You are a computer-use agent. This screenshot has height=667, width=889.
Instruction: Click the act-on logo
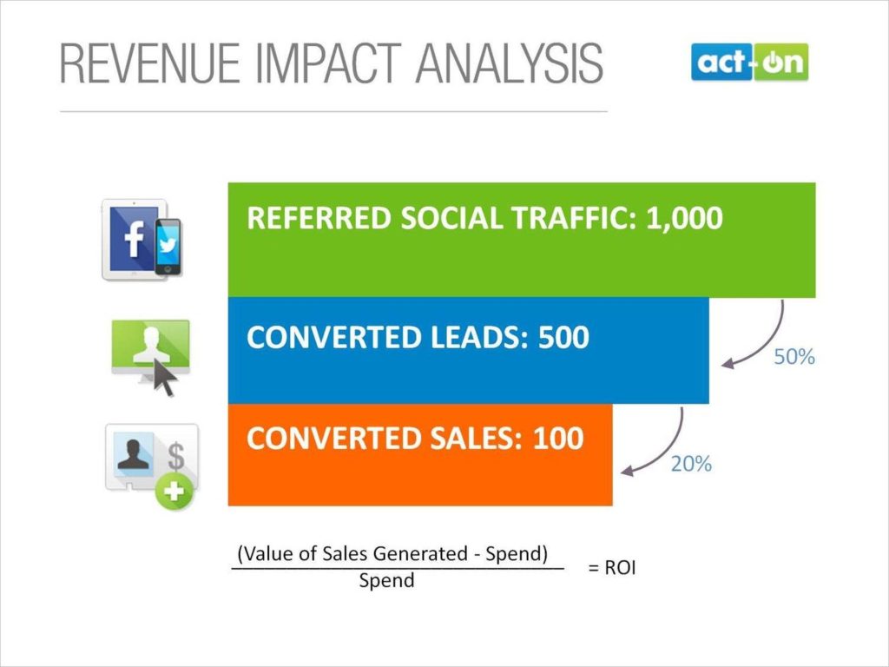749,63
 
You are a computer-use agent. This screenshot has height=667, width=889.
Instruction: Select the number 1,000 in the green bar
684,218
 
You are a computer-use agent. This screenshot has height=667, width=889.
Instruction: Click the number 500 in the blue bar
563,338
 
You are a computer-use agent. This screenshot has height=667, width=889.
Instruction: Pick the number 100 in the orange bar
558,438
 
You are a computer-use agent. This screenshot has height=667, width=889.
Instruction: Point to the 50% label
794,357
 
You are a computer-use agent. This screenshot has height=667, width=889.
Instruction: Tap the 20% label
691,464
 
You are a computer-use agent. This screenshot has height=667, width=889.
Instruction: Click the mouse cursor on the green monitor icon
163,379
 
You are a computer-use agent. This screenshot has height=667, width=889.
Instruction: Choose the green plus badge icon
175,492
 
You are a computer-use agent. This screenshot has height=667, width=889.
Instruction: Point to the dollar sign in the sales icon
176,455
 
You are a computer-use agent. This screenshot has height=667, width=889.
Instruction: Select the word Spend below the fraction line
386,581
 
